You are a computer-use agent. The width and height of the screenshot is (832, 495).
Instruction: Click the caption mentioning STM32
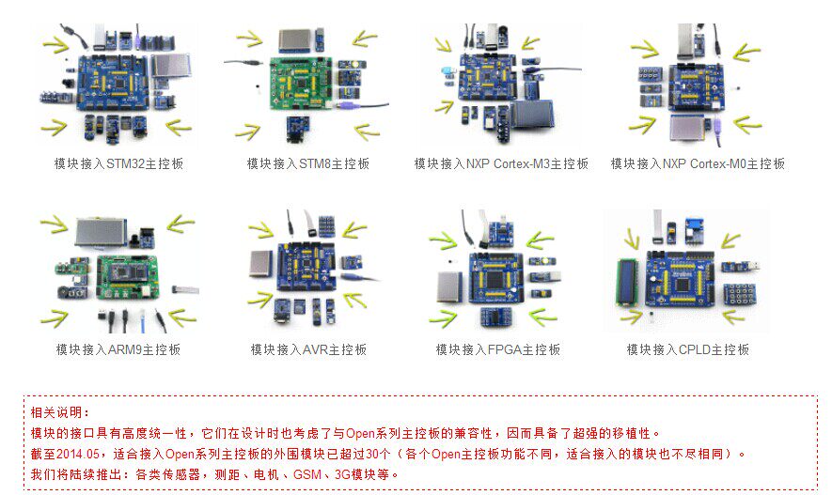118,163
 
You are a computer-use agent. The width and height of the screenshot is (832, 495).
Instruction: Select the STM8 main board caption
307,163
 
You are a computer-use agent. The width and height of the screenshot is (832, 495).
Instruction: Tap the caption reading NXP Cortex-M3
501,163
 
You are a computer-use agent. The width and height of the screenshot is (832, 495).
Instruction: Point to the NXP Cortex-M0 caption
698,163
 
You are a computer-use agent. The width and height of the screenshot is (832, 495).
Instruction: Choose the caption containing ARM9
118,349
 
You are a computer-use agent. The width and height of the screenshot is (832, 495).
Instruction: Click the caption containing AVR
308,349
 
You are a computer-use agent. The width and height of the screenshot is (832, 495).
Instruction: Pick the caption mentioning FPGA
498,349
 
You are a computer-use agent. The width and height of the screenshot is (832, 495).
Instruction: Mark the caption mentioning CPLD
687,349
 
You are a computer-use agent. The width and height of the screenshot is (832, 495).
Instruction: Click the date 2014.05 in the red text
77,455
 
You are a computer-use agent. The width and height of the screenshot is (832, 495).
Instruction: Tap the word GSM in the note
307,474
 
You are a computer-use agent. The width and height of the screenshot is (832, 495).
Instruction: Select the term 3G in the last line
342,474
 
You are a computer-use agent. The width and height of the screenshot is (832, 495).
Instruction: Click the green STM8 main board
300,83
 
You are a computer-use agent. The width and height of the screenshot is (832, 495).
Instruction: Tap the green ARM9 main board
127,278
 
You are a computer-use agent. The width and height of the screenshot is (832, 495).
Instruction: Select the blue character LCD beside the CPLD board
628,281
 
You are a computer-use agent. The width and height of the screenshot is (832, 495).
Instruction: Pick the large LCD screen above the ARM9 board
101,232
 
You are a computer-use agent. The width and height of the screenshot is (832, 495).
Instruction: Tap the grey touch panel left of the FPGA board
450,286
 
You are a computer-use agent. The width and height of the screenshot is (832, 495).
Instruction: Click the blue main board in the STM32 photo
113,82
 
